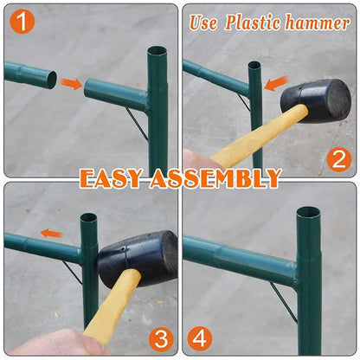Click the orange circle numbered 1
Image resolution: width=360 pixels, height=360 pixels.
[22, 22]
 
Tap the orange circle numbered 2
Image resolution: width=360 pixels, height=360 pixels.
[339, 159]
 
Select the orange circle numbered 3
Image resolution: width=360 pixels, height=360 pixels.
[161, 339]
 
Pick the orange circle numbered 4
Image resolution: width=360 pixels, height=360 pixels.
[200, 338]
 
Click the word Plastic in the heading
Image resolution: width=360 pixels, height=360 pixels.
[253, 23]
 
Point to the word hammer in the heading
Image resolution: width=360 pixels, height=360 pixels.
[318, 23]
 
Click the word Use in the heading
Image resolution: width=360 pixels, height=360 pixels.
[203, 23]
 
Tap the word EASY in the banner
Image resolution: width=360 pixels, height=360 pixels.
[111, 178]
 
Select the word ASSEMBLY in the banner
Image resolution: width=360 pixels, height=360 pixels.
[215, 178]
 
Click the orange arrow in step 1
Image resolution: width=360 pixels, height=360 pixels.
[71, 83]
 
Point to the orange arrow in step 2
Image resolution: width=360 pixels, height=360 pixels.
[276, 84]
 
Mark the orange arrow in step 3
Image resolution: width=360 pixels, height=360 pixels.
[51, 234]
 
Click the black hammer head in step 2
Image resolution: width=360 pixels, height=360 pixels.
[317, 100]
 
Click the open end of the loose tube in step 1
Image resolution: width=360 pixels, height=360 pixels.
[52, 80]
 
